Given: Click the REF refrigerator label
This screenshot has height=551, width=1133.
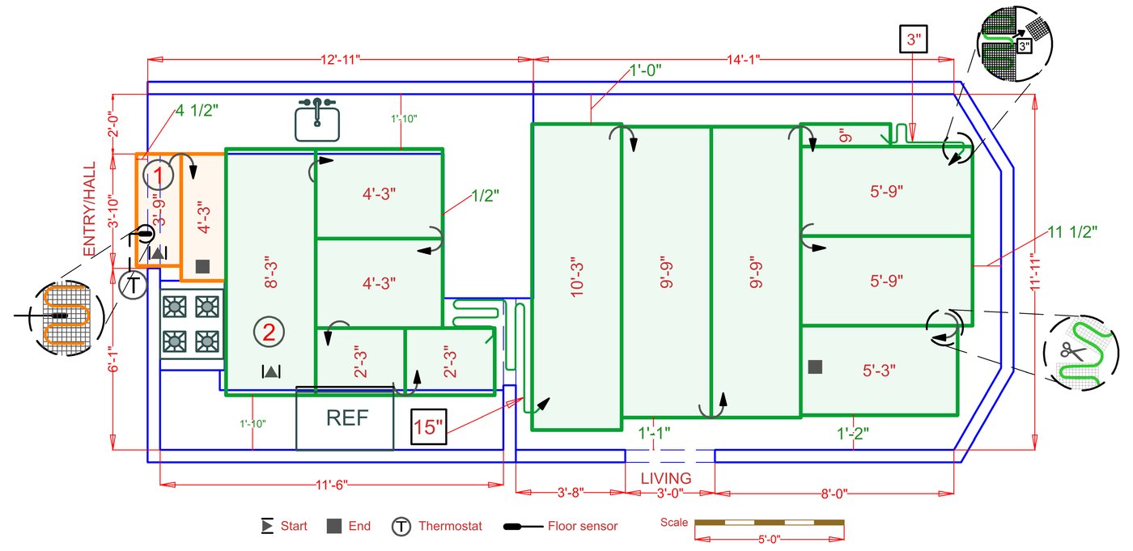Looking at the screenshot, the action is (x=347, y=418).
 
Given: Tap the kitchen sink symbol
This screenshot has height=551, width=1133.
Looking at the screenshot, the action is (x=317, y=120).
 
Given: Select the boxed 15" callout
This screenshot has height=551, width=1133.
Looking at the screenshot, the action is (x=428, y=427).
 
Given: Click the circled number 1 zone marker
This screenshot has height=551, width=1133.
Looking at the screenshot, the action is (x=159, y=175).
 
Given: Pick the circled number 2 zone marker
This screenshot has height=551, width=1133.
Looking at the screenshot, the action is (x=269, y=332).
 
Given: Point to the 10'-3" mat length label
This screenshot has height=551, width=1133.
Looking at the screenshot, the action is (x=576, y=279).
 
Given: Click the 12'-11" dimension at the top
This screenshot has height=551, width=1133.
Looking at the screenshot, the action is (x=341, y=60).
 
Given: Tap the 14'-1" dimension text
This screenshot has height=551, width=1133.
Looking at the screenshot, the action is (x=744, y=60).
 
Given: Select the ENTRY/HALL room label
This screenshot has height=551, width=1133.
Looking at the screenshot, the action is (x=90, y=209).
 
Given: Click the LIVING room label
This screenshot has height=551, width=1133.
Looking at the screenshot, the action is (x=666, y=478).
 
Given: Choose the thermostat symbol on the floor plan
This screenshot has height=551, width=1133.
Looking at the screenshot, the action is (x=133, y=285).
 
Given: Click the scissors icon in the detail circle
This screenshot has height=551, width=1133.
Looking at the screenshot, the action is (x=1073, y=351).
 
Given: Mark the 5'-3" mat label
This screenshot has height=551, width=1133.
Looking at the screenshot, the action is (x=879, y=371).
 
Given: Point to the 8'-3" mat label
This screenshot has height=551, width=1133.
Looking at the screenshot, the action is (x=271, y=274).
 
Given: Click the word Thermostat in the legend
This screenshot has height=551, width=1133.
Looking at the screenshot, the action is (x=450, y=526).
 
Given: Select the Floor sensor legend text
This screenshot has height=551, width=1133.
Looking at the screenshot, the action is (x=583, y=526).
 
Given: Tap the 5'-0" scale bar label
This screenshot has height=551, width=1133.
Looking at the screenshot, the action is (x=769, y=540).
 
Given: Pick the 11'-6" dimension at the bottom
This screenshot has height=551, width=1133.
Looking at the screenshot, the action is (x=332, y=485).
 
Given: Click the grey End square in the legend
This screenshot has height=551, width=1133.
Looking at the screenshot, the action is (x=333, y=526).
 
